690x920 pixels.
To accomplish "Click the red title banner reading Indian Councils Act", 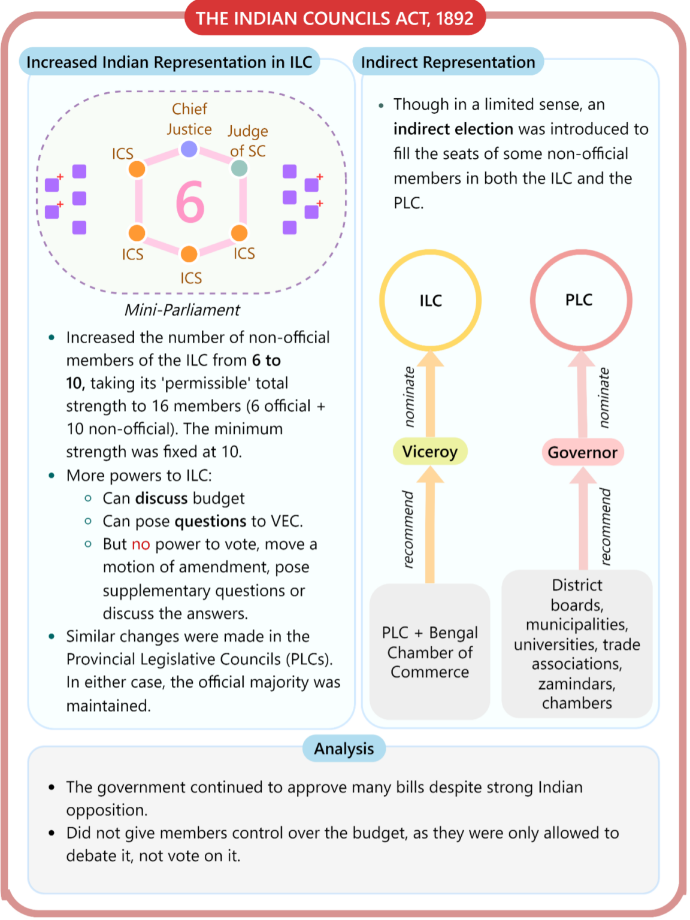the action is (x=335, y=18).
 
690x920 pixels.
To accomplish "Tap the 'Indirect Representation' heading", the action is (x=448, y=62).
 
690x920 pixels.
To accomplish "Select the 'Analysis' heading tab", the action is (x=344, y=748).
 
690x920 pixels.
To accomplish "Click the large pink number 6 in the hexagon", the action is (x=190, y=201).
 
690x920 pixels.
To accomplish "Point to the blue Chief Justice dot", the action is (x=189, y=149).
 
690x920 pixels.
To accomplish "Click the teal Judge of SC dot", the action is (x=239, y=168).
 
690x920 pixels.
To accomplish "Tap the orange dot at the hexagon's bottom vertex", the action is (x=189, y=254).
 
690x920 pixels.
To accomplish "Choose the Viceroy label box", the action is (x=430, y=452).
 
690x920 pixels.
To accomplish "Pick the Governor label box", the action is (x=583, y=452).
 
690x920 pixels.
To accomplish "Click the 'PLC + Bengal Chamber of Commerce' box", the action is (x=430, y=652).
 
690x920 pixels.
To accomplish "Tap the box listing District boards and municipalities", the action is (x=577, y=644).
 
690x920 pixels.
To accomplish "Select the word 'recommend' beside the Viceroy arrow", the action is (x=408, y=529).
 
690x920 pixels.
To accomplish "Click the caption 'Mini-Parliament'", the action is (x=182, y=310).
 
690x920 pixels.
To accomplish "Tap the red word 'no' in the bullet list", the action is (x=141, y=544).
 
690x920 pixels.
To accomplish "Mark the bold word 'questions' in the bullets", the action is (x=210, y=522).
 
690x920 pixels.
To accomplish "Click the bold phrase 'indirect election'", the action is (x=453, y=129).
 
